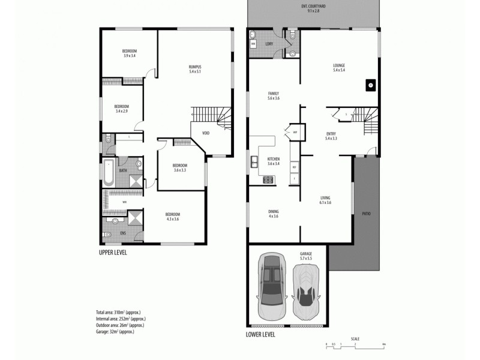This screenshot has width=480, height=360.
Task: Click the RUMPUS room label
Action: pyautogui.click(x=194, y=69)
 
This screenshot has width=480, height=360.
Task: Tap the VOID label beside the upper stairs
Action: pyautogui.click(x=205, y=133)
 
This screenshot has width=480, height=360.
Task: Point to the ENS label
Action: pyautogui.click(x=122, y=232)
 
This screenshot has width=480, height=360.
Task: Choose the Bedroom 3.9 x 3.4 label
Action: pyautogui.click(x=130, y=53)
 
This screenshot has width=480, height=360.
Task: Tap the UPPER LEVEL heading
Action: pyautogui.click(x=113, y=253)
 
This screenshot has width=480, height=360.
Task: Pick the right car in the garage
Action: pyautogui.click(x=306, y=290)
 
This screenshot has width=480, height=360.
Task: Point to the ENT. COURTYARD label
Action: pyautogui.click(x=313, y=8)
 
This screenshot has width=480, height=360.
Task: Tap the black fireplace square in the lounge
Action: pyautogui.click(x=370, y=85)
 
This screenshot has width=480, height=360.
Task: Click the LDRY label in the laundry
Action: pyautogui.click(x=268, y=44)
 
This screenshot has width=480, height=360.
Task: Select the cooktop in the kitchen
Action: pyautogui.click(x=267, y=179)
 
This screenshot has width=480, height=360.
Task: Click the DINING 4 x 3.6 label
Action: pyautogui.click(x=272, y=214)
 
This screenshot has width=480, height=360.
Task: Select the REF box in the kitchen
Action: pyautogui.click(x=294, y=166)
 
